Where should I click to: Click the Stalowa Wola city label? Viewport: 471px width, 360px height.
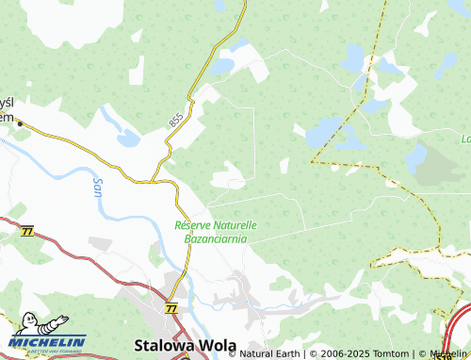point(186,345)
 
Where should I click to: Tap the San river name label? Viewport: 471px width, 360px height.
point(98,186)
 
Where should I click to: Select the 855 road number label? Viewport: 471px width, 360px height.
point(176,121)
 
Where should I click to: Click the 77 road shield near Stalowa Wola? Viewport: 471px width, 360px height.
point(171,308)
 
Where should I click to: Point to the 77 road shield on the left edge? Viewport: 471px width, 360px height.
point(26,231)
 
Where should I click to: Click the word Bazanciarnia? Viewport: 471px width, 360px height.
point(216,239)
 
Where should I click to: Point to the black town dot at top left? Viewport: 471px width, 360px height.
point(19,123)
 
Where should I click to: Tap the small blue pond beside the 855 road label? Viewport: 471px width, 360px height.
point(128,139)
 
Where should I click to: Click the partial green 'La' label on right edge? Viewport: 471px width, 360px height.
point(465,139)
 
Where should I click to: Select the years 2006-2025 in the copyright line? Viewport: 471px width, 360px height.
point(332,354)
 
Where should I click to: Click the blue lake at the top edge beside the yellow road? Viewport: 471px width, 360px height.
point(219,6)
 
